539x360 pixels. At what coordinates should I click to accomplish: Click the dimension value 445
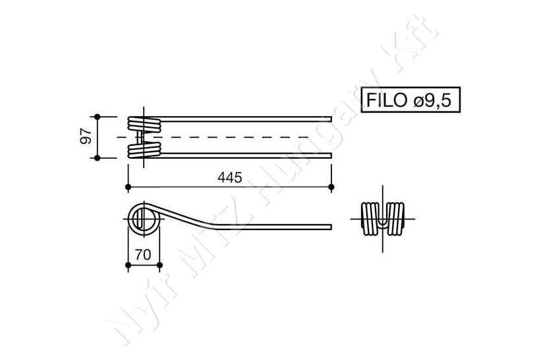pos(229,177)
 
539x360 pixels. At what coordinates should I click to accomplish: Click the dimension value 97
pos(86,136)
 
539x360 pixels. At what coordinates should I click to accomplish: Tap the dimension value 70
pos(143,255)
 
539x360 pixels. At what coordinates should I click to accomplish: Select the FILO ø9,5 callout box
pos(411,100)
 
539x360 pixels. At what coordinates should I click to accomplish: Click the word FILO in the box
pos(387,100)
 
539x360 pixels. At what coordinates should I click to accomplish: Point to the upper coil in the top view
pos(144,125)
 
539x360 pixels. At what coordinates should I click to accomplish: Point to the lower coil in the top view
pos(144,150)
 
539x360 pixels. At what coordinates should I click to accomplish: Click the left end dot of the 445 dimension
pos(128,187)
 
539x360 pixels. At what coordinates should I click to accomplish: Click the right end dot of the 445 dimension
pos(331,187)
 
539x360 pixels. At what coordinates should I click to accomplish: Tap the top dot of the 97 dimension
pos(98,117)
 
